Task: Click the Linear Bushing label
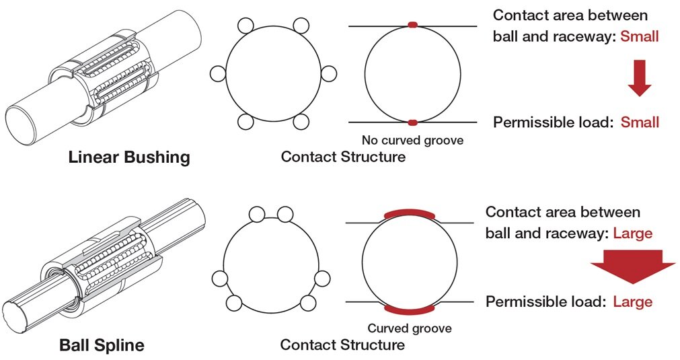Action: (x=129, y=157)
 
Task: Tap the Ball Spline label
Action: (x=102, y=346)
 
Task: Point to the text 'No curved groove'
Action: (x=412, y=141)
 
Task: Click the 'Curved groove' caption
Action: (x=410, y=328)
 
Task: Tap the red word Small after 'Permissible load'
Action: (x=640, y=122)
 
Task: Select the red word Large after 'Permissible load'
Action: (x=633, y=301)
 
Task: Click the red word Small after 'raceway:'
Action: (x=640, y=36)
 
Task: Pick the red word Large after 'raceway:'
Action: (x=633, y=233)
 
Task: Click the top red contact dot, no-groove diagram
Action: (x=412, y=25)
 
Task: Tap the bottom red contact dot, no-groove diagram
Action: (x=412, y=122)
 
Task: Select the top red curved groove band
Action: (x=410, y=213)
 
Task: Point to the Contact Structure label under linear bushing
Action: (x=343, y=157)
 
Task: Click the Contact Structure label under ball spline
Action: (x=342, y=345)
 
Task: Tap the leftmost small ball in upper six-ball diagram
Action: (x=218, y=73)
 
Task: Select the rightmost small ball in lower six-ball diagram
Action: (x=322, y=278)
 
